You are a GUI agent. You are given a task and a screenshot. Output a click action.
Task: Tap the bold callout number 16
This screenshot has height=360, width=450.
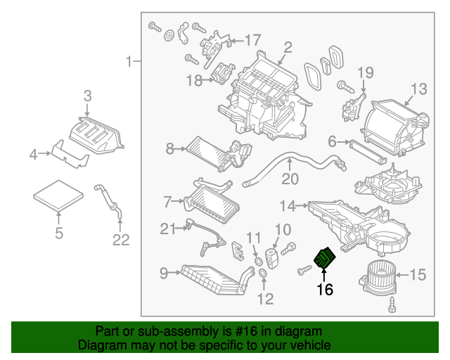pyautogui.click(x=324, y=288)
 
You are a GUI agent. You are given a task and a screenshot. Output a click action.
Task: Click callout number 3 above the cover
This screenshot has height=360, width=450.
pyautogui.click(x=87, y=95)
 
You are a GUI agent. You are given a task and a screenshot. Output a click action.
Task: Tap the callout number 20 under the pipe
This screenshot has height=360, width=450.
pyautogui.click(x=290, y=179)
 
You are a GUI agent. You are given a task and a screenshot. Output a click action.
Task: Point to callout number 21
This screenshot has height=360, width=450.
pyautogui.click(x=166, y=229)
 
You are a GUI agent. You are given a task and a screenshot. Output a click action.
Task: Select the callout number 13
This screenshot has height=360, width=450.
pyautogui.click(x=418, y=89)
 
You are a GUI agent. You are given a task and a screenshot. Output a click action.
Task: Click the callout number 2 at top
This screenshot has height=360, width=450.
pyautogui.click(x=288, y=48)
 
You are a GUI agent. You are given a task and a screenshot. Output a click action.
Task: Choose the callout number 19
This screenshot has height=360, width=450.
pyautogui.click(x=365, y=72)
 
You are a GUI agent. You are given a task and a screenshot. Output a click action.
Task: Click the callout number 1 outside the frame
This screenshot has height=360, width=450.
pyautogui.click(x=129, y=63)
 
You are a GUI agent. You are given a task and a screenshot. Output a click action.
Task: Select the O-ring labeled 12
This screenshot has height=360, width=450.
pyautogui.click(x=262, y=273)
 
